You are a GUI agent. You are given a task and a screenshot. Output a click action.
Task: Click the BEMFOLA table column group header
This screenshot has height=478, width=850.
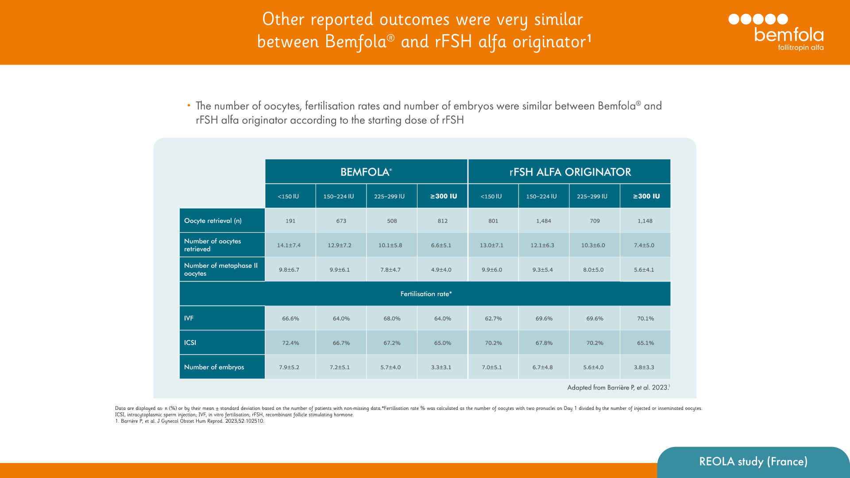366,172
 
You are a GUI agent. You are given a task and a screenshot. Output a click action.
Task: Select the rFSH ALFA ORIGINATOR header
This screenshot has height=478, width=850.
570,172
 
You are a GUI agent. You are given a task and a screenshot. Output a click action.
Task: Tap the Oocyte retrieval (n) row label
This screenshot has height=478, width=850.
213,220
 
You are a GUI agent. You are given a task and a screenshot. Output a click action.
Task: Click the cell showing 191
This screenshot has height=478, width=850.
290,221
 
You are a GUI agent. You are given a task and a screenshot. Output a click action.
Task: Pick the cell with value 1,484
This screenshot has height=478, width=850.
544,221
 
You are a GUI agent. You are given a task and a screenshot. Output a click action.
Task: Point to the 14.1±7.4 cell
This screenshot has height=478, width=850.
289,245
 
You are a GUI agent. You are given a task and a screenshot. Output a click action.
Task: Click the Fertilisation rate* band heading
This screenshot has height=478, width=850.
426,294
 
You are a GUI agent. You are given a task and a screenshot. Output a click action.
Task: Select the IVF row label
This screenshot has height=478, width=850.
189,318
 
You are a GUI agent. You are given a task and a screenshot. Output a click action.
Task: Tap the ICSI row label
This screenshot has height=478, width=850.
190,343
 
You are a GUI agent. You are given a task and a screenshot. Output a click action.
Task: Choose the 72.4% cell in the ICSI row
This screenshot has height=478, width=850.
290,343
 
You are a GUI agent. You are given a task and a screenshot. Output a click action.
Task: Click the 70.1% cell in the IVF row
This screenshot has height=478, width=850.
645,319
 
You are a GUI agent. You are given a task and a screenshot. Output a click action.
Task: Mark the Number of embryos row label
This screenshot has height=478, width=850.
214,367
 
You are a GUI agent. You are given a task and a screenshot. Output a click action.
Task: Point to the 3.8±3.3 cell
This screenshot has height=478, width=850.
644,367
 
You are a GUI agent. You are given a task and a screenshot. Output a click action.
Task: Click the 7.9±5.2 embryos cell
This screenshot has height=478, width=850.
289,367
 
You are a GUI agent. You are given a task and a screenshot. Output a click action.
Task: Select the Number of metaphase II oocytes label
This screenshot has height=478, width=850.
220,269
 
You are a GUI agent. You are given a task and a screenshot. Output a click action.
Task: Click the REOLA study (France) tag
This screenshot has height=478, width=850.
753,462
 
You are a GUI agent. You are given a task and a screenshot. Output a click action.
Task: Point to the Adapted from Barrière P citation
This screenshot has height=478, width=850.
618,387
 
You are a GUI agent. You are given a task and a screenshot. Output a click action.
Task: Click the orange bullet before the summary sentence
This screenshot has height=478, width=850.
189,105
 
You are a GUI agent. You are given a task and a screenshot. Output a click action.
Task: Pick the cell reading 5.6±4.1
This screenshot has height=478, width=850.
644,270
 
